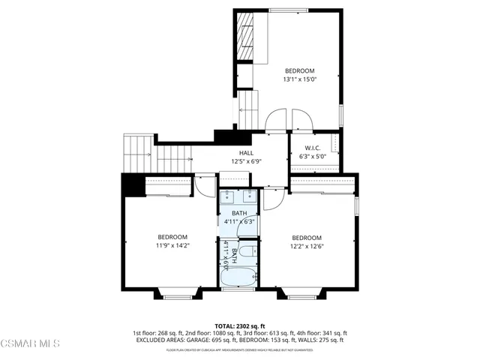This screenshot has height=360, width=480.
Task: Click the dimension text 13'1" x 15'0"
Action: (x=299, y=79)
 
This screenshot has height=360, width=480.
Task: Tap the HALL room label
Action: (x=246, y=152)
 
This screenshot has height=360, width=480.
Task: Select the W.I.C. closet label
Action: (x=313, y=148)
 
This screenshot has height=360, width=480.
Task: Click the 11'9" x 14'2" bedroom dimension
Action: (x=172, y=244)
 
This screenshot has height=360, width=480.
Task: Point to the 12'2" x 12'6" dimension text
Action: (x=307, y=245)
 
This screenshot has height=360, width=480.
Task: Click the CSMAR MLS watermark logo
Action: (x=31, y=344)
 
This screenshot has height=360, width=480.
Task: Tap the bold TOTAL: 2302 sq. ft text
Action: (x=241, y=325)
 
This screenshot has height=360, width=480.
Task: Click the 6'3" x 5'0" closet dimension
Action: (x=313, y=157)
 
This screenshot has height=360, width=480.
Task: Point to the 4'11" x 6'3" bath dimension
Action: (x=240, y=222)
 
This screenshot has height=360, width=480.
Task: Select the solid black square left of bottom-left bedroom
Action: (x=131, y=184)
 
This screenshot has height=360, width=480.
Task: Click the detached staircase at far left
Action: (x=136, y=153)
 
